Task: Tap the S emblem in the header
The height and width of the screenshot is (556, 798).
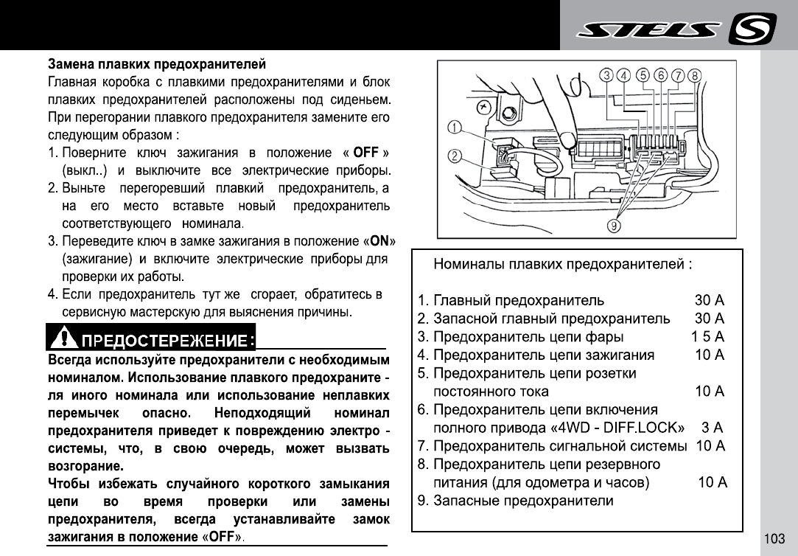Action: (x=752, y=29)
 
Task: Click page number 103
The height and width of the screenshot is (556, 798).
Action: (x=774, y=539)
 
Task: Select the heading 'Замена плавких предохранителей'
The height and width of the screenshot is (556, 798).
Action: (x=157, y=64)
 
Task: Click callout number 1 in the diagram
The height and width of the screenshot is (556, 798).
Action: (x=455, y=128)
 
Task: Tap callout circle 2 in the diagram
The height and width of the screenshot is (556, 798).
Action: (x=455, y=156)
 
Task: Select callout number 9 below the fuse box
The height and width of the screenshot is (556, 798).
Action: (x=614, y=225)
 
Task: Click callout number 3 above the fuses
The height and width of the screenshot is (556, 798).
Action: (x=606, y=75)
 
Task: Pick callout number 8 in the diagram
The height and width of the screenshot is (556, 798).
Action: (x=695, y=75)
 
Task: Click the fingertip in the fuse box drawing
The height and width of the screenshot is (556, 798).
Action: (x=567, y=139)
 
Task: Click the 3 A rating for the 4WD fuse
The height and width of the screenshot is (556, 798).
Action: (x=712, y=428)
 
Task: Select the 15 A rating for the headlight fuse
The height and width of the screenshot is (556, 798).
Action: (x=707, y=337)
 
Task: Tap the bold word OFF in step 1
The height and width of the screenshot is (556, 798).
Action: (x=365, y=153)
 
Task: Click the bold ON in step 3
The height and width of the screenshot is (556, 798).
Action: (x=379, y=241)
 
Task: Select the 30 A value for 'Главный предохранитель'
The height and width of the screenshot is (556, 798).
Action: (x=710, y=301)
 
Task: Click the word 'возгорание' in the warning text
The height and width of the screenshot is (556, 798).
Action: (x=85, y=466)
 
